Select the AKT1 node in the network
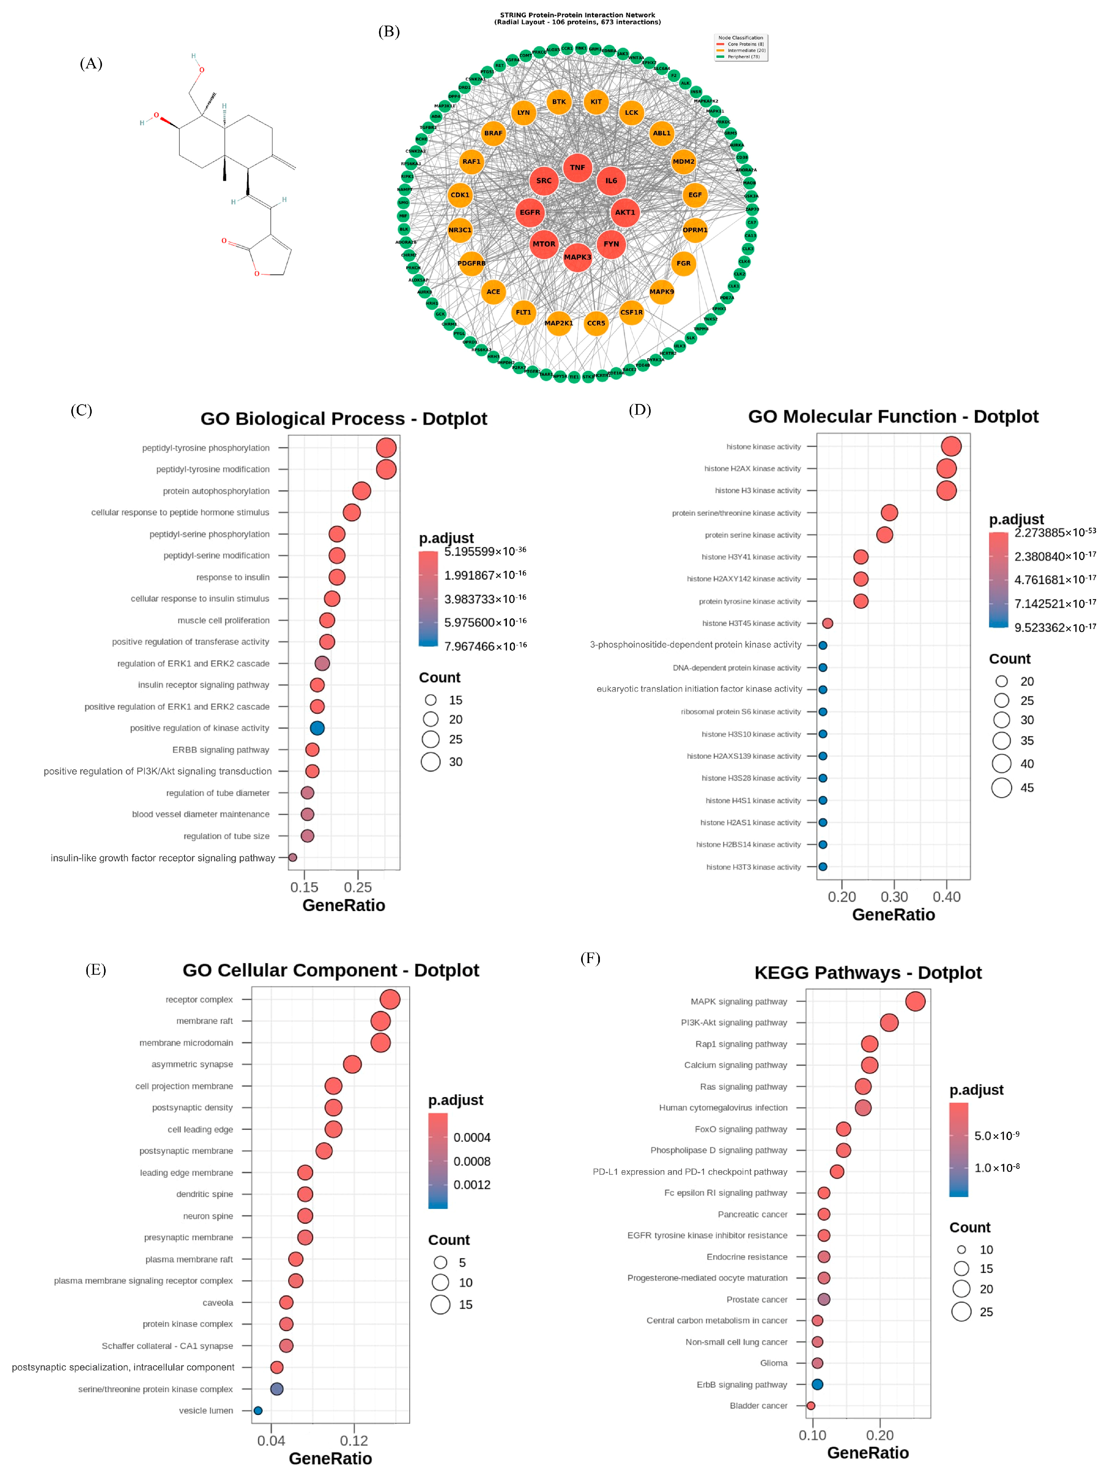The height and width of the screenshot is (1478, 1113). pyautogui.click(x=625, y=212)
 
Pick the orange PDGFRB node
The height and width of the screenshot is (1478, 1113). pyautogui.click(x=472, y=263)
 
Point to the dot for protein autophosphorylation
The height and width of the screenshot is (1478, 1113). pyautogui.click(x=361, y=491)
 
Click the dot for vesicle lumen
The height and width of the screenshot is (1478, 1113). pyautogui.click(x=258, y=1410)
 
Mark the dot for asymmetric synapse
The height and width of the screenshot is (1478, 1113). pyautogui.click(x=352, y=1064)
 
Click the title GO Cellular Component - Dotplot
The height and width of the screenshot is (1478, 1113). pyautogui.click(x=331, y=970)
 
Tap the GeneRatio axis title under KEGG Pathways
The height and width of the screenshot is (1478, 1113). pyautogui.click(x=868, y=1452)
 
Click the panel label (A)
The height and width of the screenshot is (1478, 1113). pyautogui.click(x=91, y=63)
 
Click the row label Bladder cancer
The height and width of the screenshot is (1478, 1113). pyautogui.click(x=758, y=1406)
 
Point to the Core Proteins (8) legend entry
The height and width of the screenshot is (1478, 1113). pyautogui.click(x=742, y=44)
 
